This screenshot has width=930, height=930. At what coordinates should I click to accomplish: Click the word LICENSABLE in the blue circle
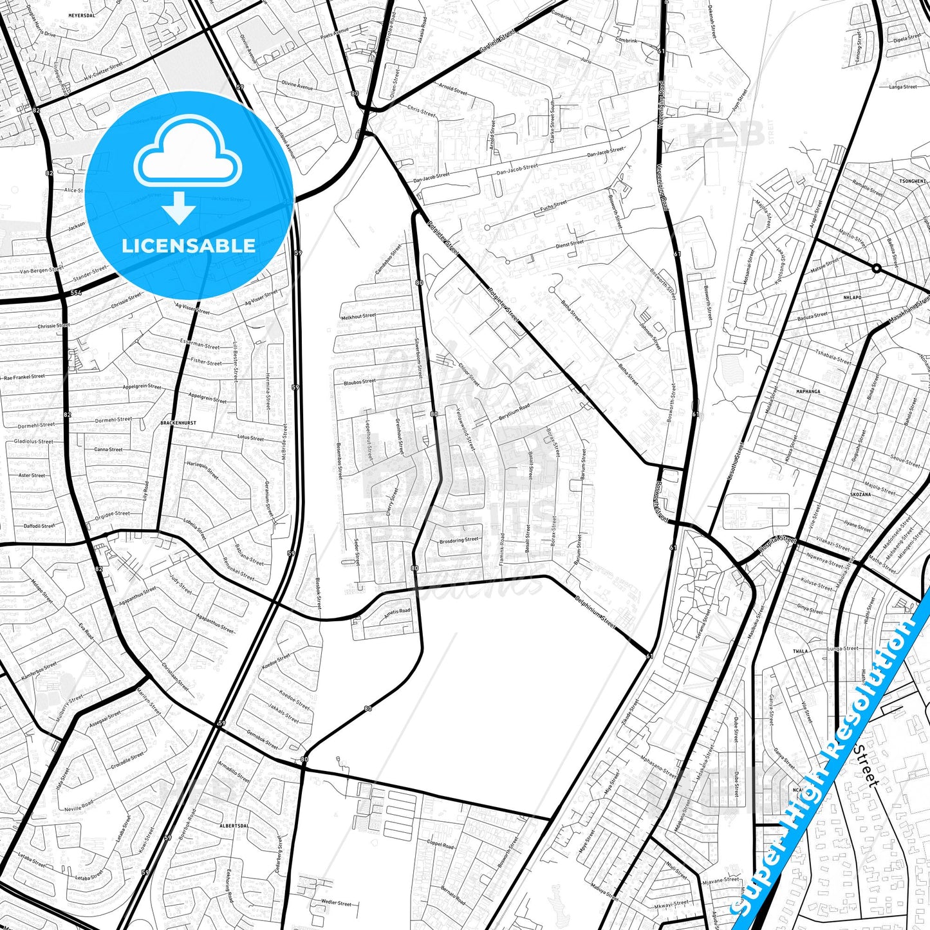coord(189,245)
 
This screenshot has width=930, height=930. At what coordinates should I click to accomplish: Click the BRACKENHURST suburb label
coord(178,423)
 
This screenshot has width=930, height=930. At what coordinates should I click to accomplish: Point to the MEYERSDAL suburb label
coord(82,15)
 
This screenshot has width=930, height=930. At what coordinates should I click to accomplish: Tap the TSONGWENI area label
coord(912,181)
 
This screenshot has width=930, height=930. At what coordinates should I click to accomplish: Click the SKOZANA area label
coord(860,494)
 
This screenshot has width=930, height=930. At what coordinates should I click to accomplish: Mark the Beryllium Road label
coord(514,413)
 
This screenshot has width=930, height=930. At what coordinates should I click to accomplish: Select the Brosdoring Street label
coord(459,541)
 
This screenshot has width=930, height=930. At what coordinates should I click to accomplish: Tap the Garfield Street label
coord(498,40)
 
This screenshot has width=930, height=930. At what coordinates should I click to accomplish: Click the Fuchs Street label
coord(553,205)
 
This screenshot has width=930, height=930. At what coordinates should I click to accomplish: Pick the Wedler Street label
coord(336,903)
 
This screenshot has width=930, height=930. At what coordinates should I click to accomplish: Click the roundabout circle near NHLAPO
coord(876,268)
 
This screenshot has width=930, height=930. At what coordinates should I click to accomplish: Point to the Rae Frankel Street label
coord(24,377)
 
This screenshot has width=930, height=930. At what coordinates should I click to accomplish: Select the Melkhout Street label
coord(358,316)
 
